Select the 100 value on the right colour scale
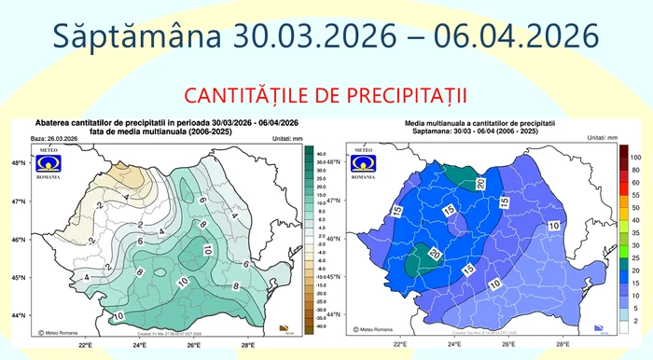634,159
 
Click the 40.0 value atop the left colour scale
321,153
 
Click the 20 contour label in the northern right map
481,184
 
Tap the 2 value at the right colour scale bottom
634,320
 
